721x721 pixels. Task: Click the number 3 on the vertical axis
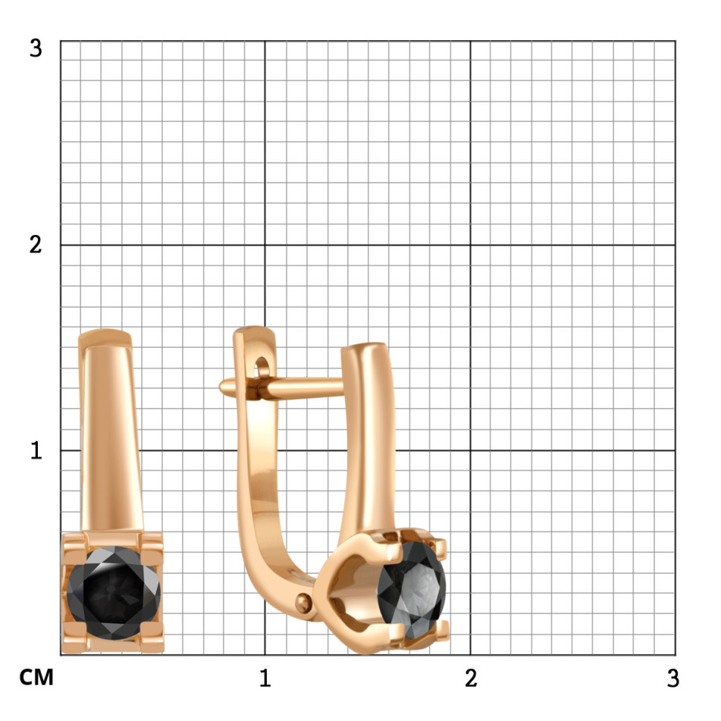(x=36, y=48)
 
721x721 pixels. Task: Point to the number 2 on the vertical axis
(x=36, y=245)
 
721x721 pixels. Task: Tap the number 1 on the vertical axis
(x=36, y=450)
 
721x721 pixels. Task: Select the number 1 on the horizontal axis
(x=265, y=678)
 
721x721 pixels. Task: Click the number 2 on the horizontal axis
(x=471, y=678)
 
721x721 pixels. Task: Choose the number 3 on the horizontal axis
(x=673, y=678)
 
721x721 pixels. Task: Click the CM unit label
(x=36, y=678)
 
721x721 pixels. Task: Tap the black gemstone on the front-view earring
(x=114, y=592)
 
